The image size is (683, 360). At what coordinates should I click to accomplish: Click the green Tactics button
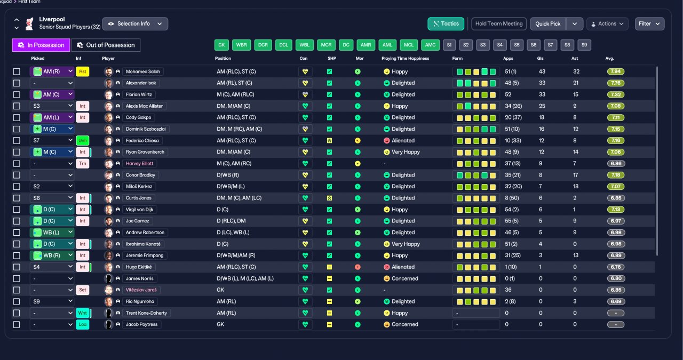click(446, 24)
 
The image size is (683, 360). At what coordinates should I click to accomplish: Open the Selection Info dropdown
click(135, 24)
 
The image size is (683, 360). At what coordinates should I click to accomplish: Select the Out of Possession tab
click(106, 45)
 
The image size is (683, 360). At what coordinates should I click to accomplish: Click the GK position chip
click(221, 45)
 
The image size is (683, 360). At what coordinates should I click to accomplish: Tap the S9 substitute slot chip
click(584, 45)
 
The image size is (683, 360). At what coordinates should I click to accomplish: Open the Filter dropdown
click(649, 24)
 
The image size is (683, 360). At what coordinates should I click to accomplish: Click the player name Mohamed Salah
click(142, 71)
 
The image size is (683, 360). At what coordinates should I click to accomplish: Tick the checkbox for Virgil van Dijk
click(17, 210)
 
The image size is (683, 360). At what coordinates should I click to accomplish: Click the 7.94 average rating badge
click(616, 71)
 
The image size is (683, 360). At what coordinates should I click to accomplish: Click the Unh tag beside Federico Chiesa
click(82, 140)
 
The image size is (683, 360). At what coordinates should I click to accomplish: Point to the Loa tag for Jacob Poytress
click(82, 324)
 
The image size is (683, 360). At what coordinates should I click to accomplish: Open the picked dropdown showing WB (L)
click(52, 233)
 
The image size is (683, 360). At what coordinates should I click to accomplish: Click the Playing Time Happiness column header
click(405, 58)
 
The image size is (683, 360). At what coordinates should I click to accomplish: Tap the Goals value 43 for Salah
click(542, 71)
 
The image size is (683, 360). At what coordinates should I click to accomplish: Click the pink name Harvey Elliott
click(139, 163)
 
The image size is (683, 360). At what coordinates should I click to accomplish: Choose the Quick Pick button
click(548, 24)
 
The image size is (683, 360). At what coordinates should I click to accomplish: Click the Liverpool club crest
click(29, 24)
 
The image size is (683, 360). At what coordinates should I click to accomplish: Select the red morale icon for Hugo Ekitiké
click(358, 267)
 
